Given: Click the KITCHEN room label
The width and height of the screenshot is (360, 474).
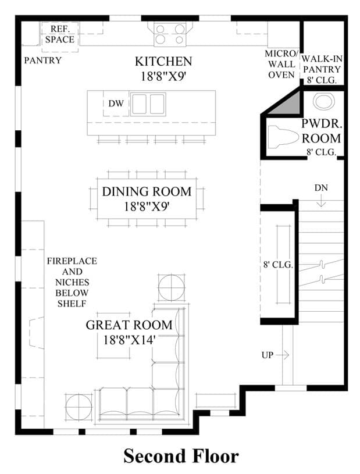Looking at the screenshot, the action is pyautogui.click(x=163, y=62).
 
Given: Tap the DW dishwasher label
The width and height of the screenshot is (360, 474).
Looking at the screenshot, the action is pyautogui.click(x=116, y=104).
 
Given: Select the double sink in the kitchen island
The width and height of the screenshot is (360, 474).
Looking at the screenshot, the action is pyautogui.click(x=148, y=104).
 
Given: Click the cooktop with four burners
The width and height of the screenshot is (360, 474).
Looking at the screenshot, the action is pyautogui.click(x=170, y=34).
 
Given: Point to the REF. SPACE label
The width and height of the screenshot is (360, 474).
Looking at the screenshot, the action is pyautogui.click(x=60, y=34).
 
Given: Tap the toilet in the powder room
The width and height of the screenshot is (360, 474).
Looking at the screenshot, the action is pyautogui.click(x=283, y=137).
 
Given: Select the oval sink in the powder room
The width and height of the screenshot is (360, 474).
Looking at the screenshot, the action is pyautogui.click(x=324, y=101).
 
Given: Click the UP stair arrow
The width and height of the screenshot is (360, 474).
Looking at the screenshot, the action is pyautogui.click(x=283, y=355).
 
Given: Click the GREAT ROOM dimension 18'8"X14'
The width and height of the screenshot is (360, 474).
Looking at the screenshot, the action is pyautogui.click(x=129, y=340).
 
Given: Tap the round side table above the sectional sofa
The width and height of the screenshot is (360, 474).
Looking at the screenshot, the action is pyautogui.click(x=172, y=287).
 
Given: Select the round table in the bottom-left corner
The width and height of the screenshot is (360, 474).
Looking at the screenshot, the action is pyautogui.click(x=79, y=407).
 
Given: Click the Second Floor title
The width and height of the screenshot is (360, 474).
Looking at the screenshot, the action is pyautogui.click(x=181, y=456).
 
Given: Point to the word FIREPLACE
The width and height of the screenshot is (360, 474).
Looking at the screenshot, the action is pyautogui.click(x=72, y=261).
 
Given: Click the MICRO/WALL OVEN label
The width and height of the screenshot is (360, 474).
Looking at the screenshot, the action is pyautogui.click(x=281, y=64).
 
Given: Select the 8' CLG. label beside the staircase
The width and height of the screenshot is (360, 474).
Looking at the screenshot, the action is pyautogui.click(x=278, y=265).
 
